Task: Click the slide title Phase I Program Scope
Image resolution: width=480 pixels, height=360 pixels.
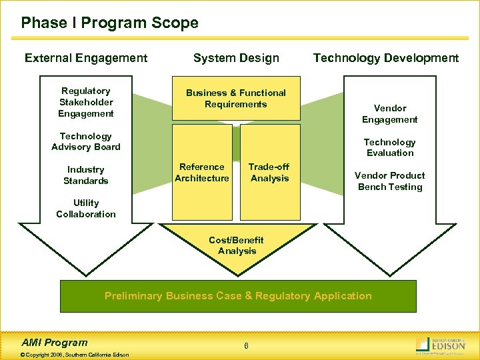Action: pyautogui.click(x=109, y=23)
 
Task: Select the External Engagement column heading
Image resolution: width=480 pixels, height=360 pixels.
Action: pyautogui.click(x=86, y=58)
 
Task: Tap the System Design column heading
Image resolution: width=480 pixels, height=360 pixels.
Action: pyautogui.click(x=236, y=58)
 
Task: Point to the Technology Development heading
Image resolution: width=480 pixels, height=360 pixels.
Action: pyautogui.click(x=386, y=58)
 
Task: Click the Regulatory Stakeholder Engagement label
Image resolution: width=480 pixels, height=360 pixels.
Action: pyautogui.click(x=86, y=102)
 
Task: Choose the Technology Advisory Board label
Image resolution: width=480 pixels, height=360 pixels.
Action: pyautogui.click(x=86, y=141)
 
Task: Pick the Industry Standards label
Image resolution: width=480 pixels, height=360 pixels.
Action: pyautogui.click(x=86, y=175)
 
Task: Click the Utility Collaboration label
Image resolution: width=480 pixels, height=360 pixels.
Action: pyautogui.click(x=86, y=209)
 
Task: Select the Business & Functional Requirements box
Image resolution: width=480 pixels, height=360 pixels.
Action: pyautogui.click(x=235, y=99)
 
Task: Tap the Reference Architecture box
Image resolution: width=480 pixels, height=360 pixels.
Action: pyautogui.click(x=202, y=173)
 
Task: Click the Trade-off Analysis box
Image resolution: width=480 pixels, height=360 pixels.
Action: pyautogui.click(x=269, y=173)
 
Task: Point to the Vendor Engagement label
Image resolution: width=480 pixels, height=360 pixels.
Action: pyautogui.click(x=390, y=114)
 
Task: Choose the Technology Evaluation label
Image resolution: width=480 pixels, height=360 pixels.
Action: pyautogui.click(x=390, y=147)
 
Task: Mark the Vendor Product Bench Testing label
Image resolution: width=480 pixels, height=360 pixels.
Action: pyautogui.click(x=390, y=181)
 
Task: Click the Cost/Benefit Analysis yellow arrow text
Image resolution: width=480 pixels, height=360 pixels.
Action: pyautogui.click(x=237, y=245)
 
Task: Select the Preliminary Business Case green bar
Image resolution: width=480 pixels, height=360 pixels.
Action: pyautogui.click(x=238, y=296)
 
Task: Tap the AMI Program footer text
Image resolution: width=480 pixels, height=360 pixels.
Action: pyautogui.click(x=55, y=342)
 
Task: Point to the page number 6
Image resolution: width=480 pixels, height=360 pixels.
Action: pyautogui.click(x=246, y=345)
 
